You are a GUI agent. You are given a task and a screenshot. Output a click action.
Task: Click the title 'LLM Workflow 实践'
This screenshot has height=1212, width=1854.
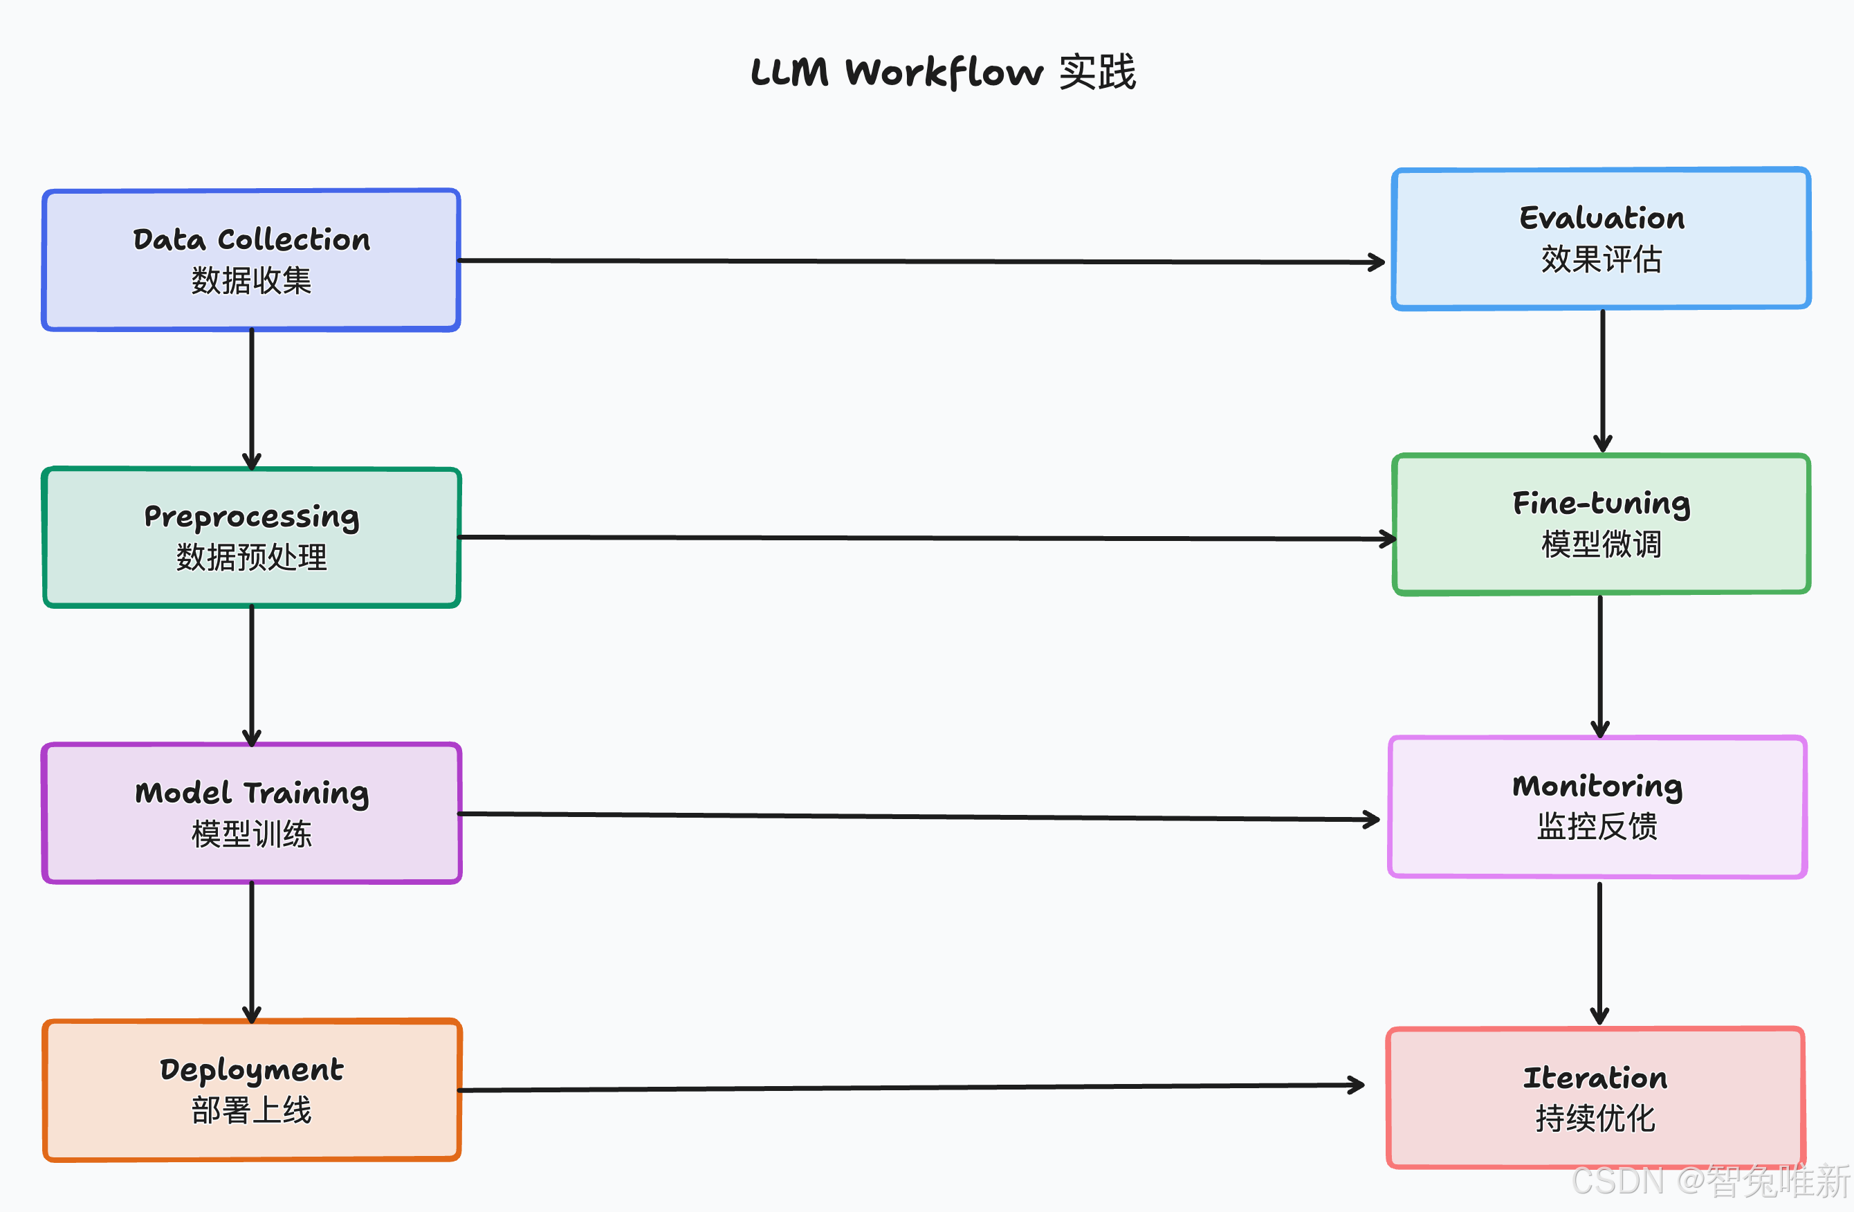pos(943,73)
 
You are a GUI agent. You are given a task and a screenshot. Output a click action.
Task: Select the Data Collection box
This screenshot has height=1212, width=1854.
pos(251,260)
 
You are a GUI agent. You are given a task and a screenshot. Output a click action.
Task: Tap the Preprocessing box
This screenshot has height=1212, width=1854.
pos(252,538)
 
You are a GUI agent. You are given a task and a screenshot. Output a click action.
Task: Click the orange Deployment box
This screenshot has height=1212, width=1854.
pos(252,1090)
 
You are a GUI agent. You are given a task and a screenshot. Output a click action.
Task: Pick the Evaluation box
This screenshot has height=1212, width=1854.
pos(1601,239)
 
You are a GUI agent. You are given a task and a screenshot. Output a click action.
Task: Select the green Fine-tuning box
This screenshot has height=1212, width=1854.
pos(1601,524)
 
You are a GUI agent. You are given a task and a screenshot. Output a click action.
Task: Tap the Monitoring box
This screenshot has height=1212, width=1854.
pos(1597,807)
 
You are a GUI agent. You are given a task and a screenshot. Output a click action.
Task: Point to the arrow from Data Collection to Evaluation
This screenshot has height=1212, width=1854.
pos(921,261)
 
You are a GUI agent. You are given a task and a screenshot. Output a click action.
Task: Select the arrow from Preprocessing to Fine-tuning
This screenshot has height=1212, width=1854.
pos(927,538)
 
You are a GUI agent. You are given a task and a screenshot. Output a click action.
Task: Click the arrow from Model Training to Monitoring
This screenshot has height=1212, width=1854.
pos(919,816)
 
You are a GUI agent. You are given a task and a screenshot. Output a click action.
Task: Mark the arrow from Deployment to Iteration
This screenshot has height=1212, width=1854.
pos(911,1087)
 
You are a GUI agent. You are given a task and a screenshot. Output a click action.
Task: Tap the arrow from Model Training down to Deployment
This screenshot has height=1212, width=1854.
pos(252,953)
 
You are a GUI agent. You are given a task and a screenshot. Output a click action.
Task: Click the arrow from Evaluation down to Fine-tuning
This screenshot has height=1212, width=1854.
pos(1602,381)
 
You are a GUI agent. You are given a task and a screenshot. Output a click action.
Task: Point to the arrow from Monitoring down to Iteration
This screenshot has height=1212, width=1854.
pos(1599,953)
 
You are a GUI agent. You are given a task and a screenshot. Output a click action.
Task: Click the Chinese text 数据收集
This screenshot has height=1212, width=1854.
pos(252,281)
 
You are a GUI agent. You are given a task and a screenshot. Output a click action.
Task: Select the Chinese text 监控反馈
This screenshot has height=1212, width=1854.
pos(1597,827)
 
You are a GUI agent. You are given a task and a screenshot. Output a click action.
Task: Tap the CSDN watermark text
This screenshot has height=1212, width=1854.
pos(1711,1181)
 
